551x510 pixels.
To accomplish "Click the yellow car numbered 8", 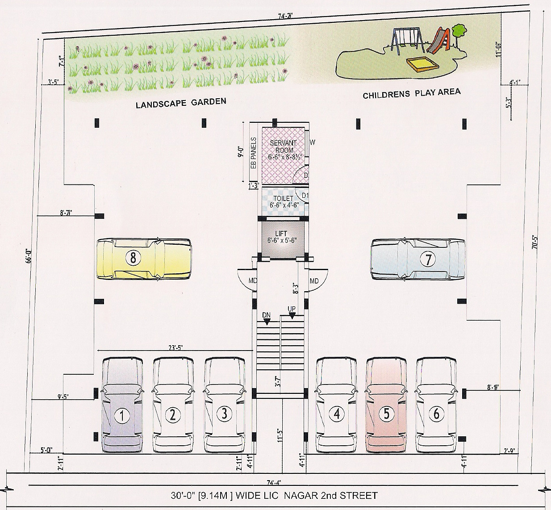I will [x=144, y=258].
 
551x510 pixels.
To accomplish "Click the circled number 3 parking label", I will [x=225, y=414].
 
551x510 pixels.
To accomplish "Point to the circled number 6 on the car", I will [x=436, y=414].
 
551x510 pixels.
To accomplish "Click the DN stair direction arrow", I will [x=266, y=317].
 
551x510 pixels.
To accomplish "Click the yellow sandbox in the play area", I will [x=422, y=65].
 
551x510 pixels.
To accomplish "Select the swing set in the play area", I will [x=407, y=41].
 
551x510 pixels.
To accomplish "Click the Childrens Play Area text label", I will [x=411, y=94].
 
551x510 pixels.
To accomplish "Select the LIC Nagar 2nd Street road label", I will [x=274, y=495].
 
